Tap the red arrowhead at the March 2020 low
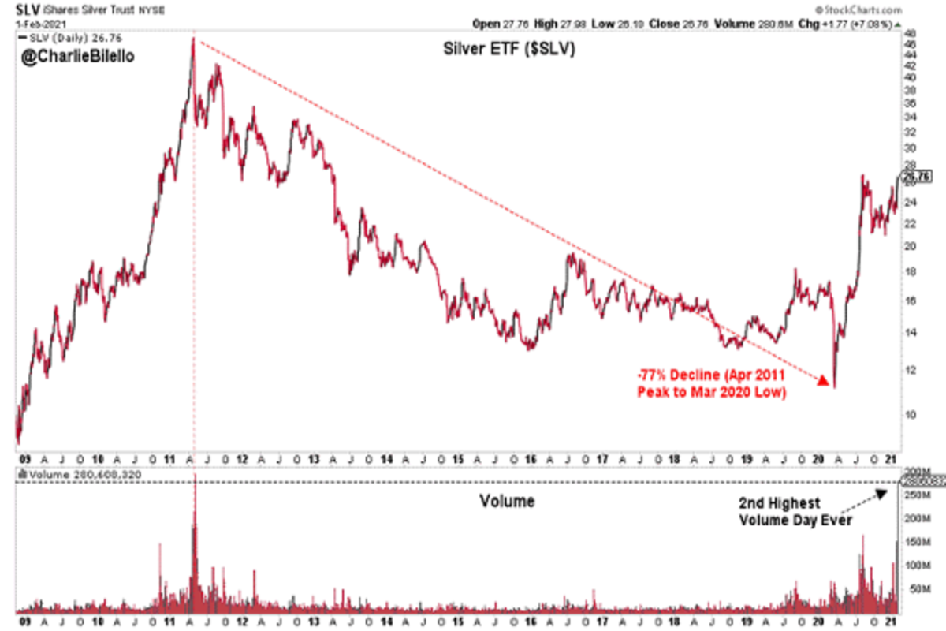[x=822, y=383]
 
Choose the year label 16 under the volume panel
[x=530, y=620]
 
